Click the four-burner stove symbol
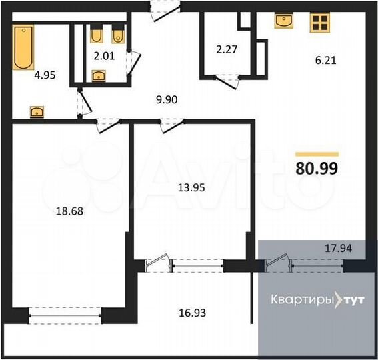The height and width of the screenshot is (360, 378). [x=319, y=23]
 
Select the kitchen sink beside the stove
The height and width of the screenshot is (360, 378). [x=285, y=21]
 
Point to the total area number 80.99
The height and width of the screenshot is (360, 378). [x=316, y=168]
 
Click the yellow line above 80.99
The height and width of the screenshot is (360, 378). [x=316, y=154]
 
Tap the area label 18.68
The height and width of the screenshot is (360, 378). [x=69, y=213]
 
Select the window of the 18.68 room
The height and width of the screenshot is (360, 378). [x=65, y=311]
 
